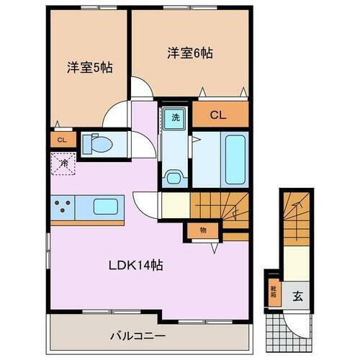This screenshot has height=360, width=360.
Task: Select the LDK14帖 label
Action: click(x=137, y=264)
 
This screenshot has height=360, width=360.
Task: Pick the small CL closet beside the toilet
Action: click(x=61, y=140)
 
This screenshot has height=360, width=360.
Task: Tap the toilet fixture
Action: click(x=97, y=145)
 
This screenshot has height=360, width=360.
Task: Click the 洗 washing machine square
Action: click(x=175, y=117)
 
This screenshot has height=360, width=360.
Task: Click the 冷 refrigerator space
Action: click(x=63, y=166)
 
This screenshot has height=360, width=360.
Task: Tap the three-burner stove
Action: click(x=63, y=208)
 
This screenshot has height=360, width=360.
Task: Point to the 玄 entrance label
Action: click(x=296, y=295)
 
